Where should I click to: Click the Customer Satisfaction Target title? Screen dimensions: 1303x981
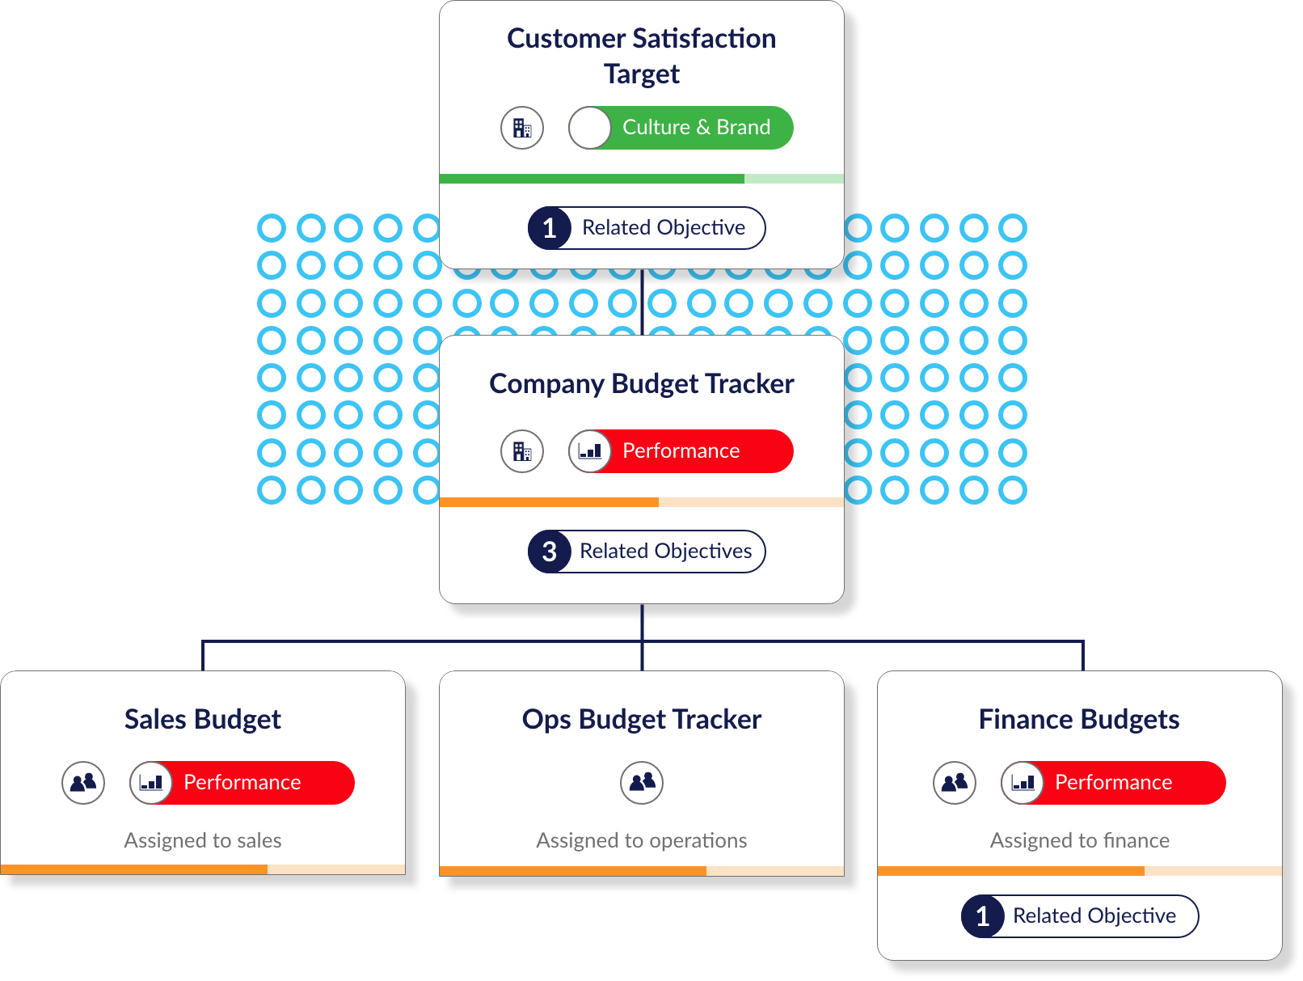pyautogui.click(x=641, y=56)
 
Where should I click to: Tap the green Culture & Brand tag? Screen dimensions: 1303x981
pyautogui.click(x=681, y=128)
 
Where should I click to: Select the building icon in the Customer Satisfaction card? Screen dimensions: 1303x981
pyautogui.click(x=522, y=128)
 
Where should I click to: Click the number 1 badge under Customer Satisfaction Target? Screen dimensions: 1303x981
pyautogui.click(x=549, y=228)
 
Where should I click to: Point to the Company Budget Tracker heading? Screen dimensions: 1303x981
pyautogui.click(x=641, y=384)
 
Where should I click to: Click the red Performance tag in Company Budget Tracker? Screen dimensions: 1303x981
pyautogui.click(x=681, y=451)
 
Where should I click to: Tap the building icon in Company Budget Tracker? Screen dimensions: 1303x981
pyautogui.click(x=522, y=451)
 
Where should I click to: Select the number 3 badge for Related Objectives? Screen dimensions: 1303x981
pyautogui.click(x=549, y=552)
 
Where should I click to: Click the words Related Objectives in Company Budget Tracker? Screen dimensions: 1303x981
pyautogui.click(x=665, y=551)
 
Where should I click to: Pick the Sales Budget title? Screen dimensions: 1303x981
pyautogui.click(x=202, y=720)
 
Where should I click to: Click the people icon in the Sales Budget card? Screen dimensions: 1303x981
pyautogui.click(x=83, y=783)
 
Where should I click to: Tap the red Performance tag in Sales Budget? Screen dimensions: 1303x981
pyautogui.click(x=242, y=783)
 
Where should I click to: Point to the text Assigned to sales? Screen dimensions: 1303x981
pyautogui.click(x=202, y=840)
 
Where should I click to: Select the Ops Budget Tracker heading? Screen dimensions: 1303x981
pyautogui.click(x=641, y=720)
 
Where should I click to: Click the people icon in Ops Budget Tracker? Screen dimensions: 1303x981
pyautogui.click(x=642, y=783)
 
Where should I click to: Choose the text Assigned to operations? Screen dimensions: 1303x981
pyautogui.click(x=641, y=840)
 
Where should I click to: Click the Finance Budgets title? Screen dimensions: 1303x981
pyautogui.click(x=1078, y=720)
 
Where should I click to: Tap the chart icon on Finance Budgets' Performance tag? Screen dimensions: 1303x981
pyautogui.click(x=1023, y=783)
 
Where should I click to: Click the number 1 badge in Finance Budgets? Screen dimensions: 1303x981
pyautogui.click(x=982, y=916)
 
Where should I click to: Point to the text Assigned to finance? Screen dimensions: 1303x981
pyautogui.click(x=1079, y=840)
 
